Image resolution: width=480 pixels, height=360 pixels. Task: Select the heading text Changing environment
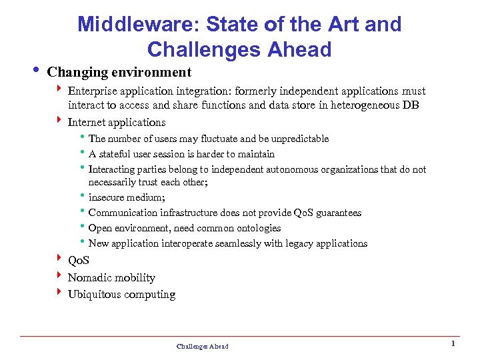pos(120,72)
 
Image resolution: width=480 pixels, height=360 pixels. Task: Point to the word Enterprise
pos(93,91)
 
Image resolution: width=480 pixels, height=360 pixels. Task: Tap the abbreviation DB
pos(410,105)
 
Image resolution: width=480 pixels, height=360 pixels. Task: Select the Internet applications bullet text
pos(117,122)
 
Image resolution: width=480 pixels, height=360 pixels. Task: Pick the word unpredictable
pos(295,139)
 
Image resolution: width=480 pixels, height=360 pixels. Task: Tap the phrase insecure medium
pos(127,197)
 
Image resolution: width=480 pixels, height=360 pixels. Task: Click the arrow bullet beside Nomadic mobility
pos(59,277)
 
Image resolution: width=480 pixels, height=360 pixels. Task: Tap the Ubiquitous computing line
pos(121,295)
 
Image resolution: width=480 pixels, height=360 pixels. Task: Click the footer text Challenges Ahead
pos(202,346)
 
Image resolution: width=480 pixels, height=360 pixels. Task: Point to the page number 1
pos(453,343)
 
